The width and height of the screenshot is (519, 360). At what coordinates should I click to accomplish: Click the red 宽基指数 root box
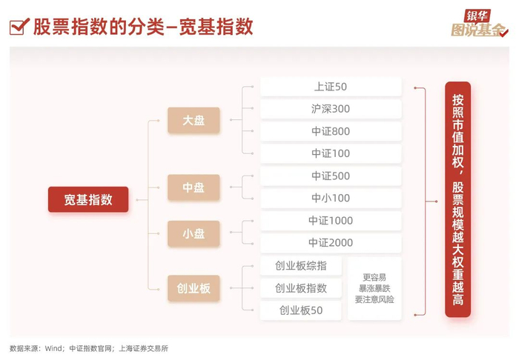[88, 199]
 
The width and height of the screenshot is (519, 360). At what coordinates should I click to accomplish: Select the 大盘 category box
[194, 120]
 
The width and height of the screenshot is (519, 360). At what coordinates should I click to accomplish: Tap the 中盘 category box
[194, 187]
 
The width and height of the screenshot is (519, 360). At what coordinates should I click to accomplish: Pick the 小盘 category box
[194, 233]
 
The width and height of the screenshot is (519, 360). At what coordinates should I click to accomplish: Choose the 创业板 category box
[194, 288]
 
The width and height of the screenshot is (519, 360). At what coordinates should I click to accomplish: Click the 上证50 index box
[330, 87]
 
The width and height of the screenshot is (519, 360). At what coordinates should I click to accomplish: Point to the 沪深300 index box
[330, 109]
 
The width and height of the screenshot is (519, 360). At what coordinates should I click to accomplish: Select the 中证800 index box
[330, 132]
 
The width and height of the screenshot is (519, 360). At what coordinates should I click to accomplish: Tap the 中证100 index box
[330, 154]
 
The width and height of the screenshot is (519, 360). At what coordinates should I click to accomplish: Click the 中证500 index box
[330, 176]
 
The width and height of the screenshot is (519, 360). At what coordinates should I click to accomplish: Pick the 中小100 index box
[330, 199]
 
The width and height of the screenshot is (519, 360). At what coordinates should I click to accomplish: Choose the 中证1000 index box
[330, 221]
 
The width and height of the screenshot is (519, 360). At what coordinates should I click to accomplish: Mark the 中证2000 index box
[330, 243]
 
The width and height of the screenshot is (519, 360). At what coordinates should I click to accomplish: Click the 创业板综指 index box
[300, 266]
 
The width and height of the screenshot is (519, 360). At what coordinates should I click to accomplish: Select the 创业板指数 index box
[300, 288]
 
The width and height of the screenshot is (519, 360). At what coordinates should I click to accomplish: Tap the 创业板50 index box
[300, 310]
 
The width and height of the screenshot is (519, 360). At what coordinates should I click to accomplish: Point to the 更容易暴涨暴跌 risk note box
[374, 288]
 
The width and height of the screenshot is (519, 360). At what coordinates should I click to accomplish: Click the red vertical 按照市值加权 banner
[457, 199]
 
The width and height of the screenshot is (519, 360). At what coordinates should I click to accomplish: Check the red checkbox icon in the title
[19, 27]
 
